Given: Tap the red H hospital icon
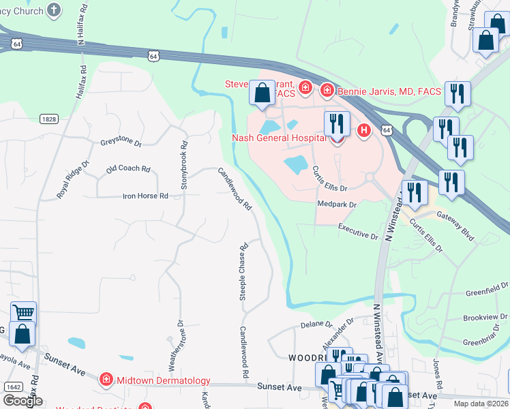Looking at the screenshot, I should click(x=364, y=130).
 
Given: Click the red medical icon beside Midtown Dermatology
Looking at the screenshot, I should click(x=106, y=380).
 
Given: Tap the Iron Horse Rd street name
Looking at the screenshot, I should click(x=145, y=196).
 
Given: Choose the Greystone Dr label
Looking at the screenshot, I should click(x=121, y=144).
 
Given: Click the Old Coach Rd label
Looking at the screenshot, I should click(x=127, y=168).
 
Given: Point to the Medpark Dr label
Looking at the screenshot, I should click(x=337, y=204).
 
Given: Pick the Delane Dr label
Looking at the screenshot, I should click(x=316, y=325).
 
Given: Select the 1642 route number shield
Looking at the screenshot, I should click(x=12, y=387).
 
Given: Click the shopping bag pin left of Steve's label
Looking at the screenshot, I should click(x=262, y=93).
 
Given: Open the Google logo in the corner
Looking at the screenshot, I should click(x=22, y=401).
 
